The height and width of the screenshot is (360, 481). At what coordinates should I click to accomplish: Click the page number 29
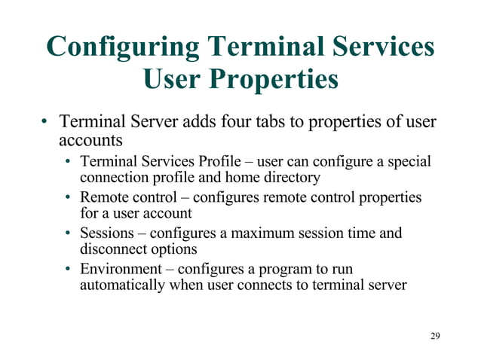pos(434,335)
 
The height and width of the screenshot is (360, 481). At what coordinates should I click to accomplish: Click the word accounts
pos(90,140)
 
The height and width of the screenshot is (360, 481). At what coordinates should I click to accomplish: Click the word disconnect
pos(112,249)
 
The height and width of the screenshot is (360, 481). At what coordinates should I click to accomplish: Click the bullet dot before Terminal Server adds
pos(46,122)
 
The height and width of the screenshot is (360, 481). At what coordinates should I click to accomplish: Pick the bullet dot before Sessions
pos(69,233)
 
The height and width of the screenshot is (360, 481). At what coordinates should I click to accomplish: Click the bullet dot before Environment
pos(69,269)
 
